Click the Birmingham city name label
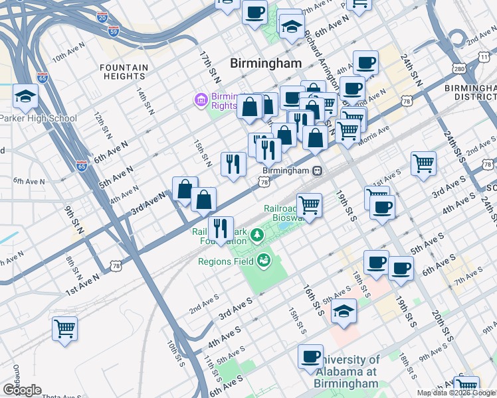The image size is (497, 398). coord(265,63)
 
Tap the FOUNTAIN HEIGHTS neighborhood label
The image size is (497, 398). coord(124,72)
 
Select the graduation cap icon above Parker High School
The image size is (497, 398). coord(25,97)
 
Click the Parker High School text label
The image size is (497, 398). coord(39,119)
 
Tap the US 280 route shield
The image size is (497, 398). coord(458,68)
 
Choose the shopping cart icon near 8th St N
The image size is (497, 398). coord(64,328)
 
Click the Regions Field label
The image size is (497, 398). coord(226,261)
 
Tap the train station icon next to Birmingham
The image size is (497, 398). coord(318,170)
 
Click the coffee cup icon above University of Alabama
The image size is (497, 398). coord(310,357)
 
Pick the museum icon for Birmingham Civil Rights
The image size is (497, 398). coord(200,100)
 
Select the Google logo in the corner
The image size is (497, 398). coord(21,390)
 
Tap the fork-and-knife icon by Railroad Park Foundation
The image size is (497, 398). coord(221,229)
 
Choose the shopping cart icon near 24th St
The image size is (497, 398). coord(423,163)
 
